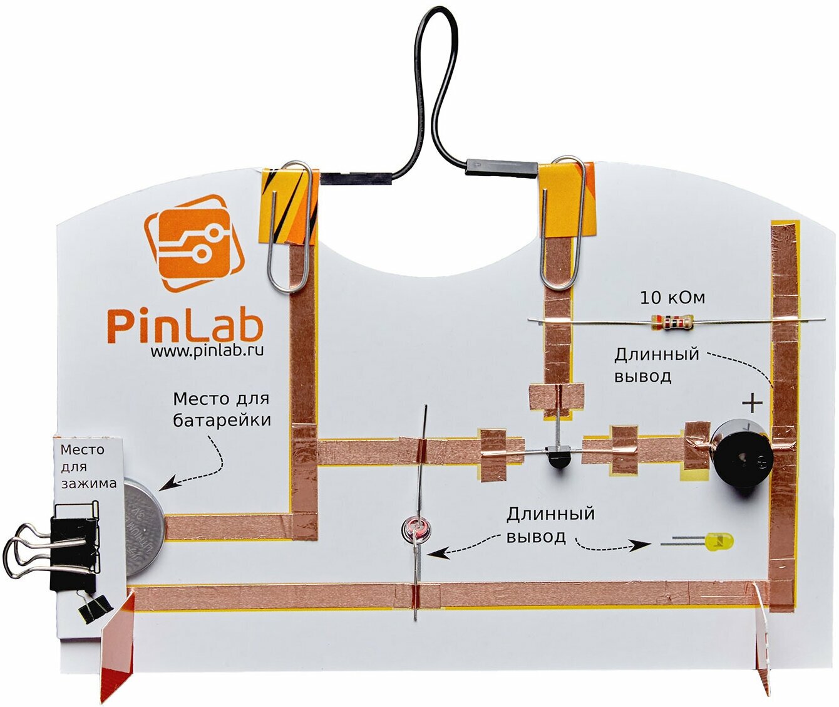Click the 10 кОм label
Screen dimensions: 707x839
[x=672, y=298]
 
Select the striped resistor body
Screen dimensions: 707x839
[x=672, y=322]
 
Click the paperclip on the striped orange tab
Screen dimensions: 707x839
[x=289, y=226]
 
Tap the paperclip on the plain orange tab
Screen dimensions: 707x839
[x=564, y=223]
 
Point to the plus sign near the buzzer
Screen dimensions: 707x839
[x=752, y=402]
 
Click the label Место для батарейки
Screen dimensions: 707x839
[x=222, y=409]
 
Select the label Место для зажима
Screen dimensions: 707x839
[x=88, y=466]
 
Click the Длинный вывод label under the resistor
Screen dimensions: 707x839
[x=656, y=365]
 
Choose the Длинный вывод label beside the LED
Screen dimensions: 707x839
[x=550, y=525]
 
